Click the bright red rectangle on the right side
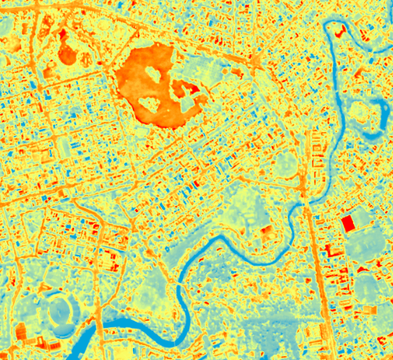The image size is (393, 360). tap(347, 223)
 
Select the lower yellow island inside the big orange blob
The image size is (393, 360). tap(150, 103)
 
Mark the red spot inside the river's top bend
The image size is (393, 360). tap(339, 31)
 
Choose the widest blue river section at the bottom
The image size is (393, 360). tap(118, 325)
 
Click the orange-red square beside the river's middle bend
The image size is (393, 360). tap(266, 231)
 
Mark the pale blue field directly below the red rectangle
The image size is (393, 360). tap(362, 248)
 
